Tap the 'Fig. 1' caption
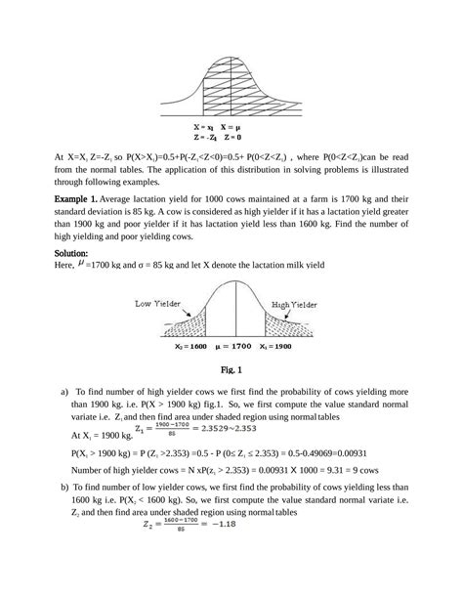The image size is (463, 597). click(x=231, y=370)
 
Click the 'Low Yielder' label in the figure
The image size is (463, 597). click(x=156, y=304)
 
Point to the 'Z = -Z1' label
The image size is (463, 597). click(x=206, y=138)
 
